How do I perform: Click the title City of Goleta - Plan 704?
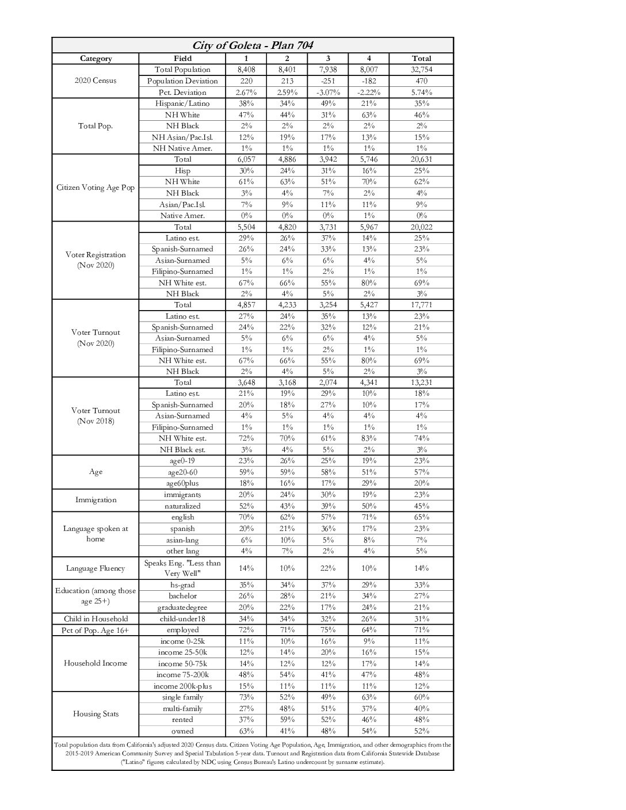point(253,45)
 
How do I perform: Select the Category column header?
point(96,58)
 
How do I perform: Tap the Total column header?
point(421,58)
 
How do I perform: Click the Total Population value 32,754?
point(421,70)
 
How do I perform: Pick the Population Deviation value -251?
point(328,81)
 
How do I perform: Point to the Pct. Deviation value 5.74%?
point(421,92)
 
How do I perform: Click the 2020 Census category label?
point(96,81)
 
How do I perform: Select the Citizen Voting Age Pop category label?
point(96,188)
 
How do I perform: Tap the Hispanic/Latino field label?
point(182,104)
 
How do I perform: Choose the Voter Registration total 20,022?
point(421,227)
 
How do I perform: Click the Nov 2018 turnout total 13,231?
point(421,382)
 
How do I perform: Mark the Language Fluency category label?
point(96,568)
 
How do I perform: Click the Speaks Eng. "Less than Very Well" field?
point(182,568)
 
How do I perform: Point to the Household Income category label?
point(96,663)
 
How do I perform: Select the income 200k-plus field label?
point(182,686)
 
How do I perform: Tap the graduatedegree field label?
point(182,607)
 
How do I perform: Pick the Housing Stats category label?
point(96,714)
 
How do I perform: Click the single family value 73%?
point(246,697)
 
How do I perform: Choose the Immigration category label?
point(96,500)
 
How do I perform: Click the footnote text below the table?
point(253,753)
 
